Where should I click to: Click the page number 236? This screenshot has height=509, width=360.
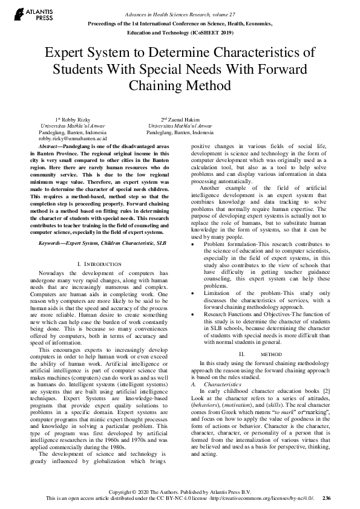pos(327,499)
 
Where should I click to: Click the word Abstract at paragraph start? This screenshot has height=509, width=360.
pos(49,147)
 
